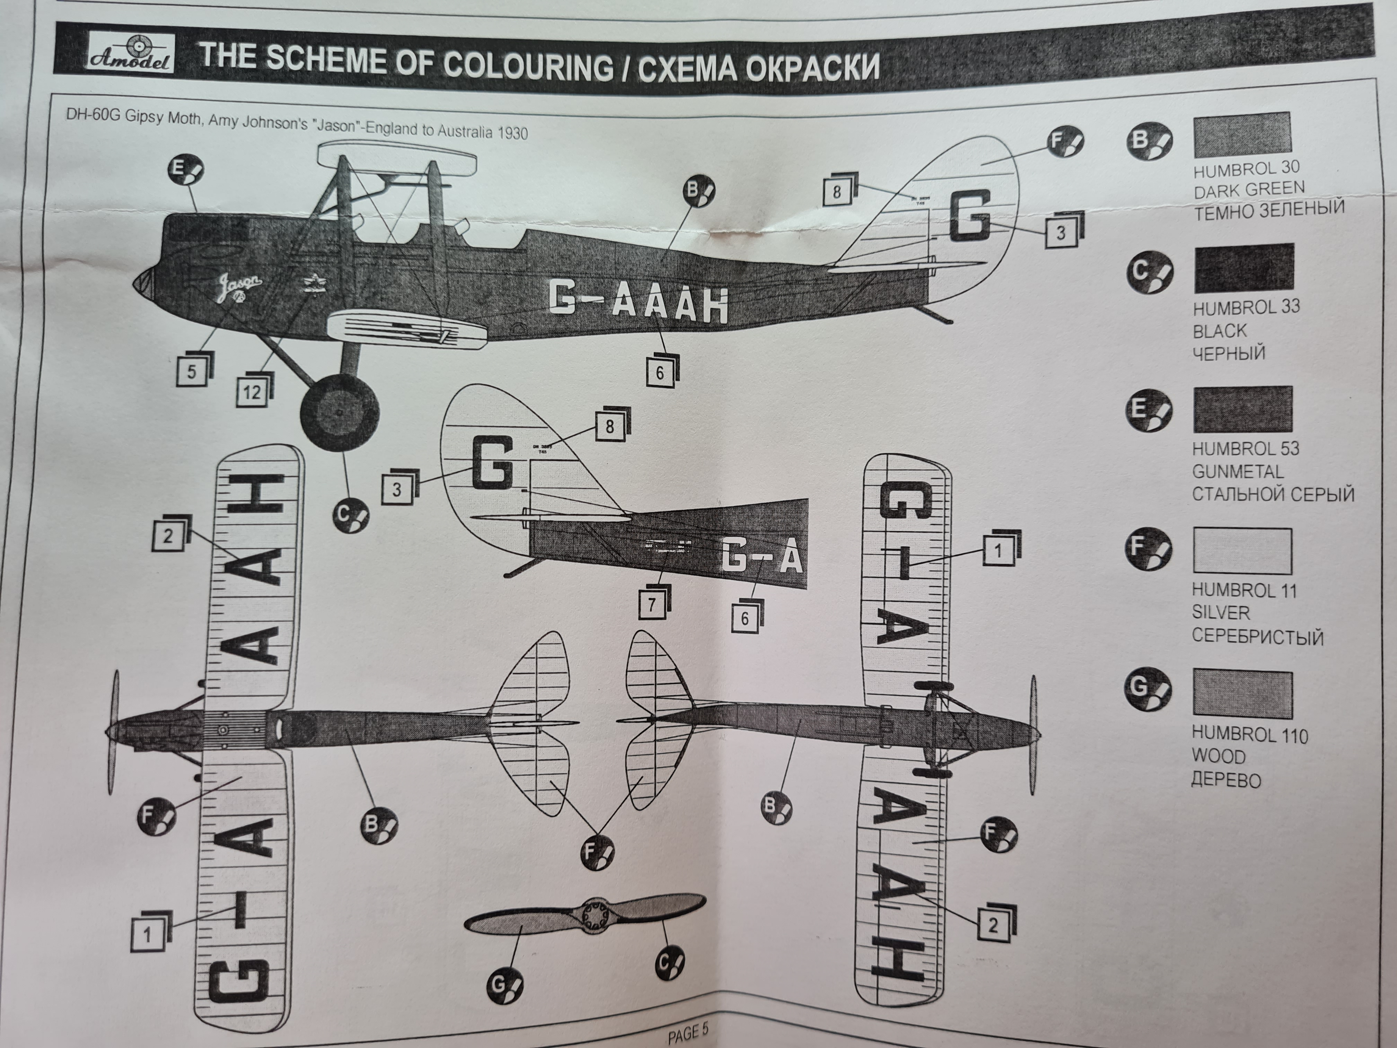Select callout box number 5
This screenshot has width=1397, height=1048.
(192, 371)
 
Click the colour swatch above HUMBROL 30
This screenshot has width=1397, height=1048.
(1241, 135)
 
